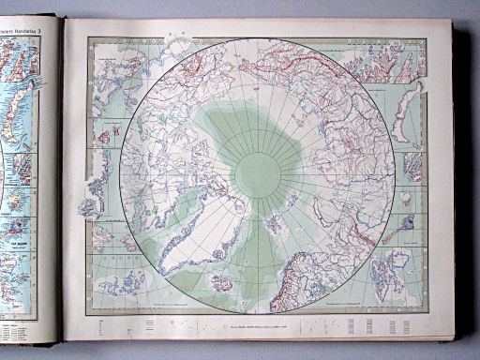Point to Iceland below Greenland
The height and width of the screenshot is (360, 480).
[223, 281]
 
